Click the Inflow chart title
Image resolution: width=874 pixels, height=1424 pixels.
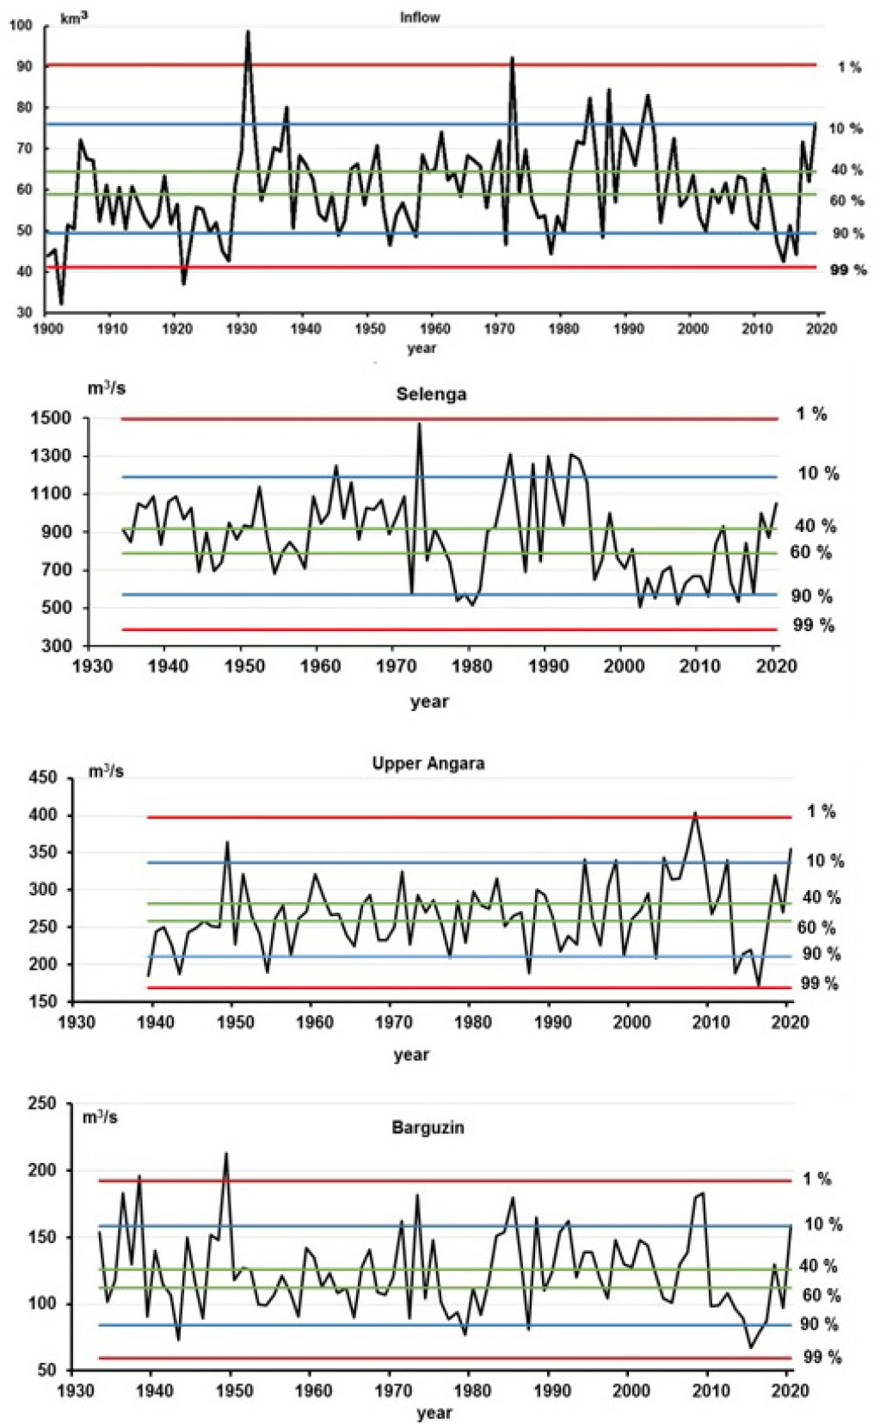point(420,17)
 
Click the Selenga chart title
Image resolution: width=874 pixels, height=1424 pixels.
point(431,394)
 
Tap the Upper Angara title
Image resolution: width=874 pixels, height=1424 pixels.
point(428,764)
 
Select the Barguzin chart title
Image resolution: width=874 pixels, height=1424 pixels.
point(428,1127)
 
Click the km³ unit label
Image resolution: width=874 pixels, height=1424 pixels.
point(74,17)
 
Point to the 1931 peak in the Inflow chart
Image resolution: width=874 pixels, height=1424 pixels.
point(248,32)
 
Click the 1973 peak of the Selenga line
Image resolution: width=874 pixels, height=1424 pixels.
point(419,424)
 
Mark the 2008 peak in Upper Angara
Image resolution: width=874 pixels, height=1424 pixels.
point(695,813)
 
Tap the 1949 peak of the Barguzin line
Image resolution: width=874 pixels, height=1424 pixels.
point(226,1154)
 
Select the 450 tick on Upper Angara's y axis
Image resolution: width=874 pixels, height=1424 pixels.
point(43,777)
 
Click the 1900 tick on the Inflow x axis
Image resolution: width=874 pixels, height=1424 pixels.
point(46,328)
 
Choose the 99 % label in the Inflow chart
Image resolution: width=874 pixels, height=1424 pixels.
point(847,270)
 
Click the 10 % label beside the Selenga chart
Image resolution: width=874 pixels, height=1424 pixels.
point(818,474)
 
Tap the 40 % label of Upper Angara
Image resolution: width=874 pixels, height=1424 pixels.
point(821,897)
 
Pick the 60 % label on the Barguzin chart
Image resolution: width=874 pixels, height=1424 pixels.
point(821,1296)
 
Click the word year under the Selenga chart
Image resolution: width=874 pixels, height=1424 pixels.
point(429,701)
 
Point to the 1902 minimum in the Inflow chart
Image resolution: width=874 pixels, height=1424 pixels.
point(61,303)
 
